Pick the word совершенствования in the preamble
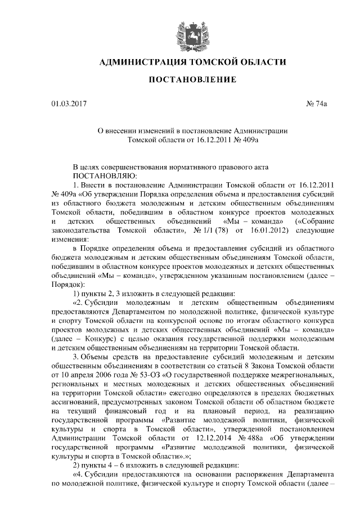click(133, 167)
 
